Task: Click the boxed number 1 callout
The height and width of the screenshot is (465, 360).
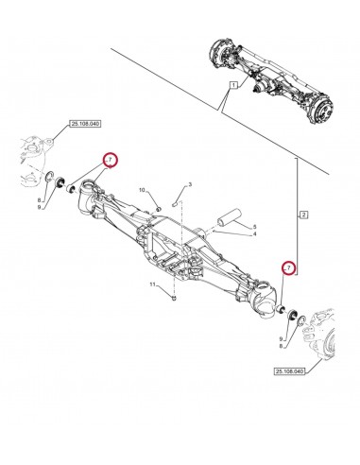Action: coord(233,85)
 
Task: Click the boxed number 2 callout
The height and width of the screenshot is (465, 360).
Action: coord(303,215)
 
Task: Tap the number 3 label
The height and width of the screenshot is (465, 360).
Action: coord(190,184)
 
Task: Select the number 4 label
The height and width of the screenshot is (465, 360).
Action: coord(254,234)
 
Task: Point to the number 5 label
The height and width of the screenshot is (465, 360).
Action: coord(254,227)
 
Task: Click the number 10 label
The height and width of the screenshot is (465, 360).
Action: coord(142,190)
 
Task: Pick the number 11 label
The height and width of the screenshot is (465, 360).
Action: coord(152,284)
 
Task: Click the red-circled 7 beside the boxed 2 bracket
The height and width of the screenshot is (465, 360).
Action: coord(289,268)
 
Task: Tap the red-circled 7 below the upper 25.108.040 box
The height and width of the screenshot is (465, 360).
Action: coord(110,160)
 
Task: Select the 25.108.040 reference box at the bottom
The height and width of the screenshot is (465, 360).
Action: coord(289,371)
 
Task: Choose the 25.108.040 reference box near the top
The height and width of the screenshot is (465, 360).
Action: coord(85,124)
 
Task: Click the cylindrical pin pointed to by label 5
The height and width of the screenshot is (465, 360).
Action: coord(229,217)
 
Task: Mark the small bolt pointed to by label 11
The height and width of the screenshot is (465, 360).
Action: coord(175,297)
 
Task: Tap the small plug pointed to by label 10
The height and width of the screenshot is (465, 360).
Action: coord(159,208)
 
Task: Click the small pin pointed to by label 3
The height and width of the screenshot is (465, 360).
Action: coord(177,203)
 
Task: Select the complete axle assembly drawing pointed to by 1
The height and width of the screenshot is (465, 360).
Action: coord(271,83)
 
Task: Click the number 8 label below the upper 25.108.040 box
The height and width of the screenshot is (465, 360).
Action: coord(40,200)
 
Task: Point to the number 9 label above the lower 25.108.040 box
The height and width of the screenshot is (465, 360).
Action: coord(281,339)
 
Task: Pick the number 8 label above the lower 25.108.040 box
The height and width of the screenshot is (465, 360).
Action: coord(281,347)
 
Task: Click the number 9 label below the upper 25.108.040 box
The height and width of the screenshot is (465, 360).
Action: coord(40,207)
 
